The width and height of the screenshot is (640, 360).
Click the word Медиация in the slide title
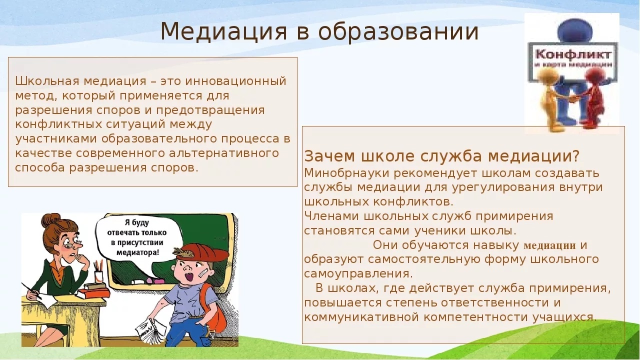coord(223,31)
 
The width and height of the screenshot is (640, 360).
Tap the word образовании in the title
coord(398,31)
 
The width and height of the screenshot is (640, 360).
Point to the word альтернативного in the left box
coord(224,153)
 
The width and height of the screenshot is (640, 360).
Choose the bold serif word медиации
coord(549,245)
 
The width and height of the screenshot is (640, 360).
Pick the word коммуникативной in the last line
coord(361,317)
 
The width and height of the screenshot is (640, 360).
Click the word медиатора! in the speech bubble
coord(137,253)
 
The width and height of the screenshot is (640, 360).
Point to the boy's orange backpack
coord(215,308)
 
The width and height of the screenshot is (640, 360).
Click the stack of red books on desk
coord(94,290)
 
